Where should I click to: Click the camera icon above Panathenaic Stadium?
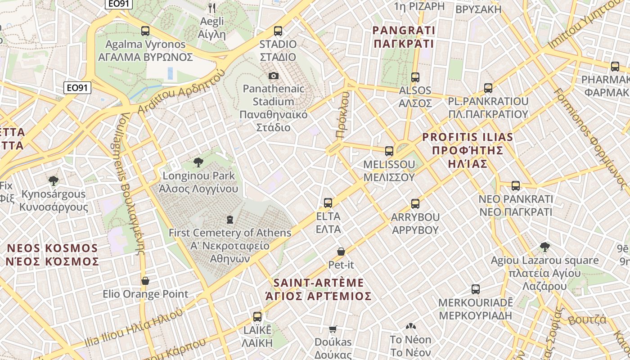(273, 76)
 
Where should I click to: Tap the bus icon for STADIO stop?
(278, 31)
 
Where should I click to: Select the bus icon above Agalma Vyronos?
(145, 31)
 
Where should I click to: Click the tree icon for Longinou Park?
(198, 162)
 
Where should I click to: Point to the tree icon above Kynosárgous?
(54, 181)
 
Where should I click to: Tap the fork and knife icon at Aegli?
(212, 8)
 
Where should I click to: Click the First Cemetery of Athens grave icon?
(230, 220)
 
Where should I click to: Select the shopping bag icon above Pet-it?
(341, 252)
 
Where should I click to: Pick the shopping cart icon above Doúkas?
(333, 329)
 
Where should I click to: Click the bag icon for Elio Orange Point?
(145, 281)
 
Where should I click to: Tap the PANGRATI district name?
(404, 31)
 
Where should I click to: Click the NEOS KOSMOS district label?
(53, 248)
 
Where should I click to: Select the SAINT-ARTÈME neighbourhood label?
(319, 283)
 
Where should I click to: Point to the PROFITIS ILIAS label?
(468, 137)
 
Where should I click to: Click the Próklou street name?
(342, 115)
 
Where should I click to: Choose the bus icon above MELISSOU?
(389, 151)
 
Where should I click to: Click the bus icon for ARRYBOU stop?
(415, 204)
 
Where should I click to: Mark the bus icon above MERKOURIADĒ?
(476, 289)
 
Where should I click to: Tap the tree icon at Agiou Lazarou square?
(544, 247)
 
